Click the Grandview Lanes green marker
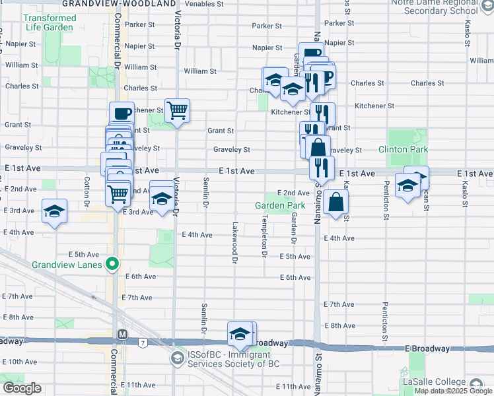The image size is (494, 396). [112, 265]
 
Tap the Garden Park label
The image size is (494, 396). [280, 205]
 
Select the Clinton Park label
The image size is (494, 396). [403, 150]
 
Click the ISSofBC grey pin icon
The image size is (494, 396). [177, 358]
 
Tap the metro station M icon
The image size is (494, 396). [122, 334]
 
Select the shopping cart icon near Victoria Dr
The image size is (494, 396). [177, 111]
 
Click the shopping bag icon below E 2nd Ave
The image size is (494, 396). [336, 202]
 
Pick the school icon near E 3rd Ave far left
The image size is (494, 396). [55, 211]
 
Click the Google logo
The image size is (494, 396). [22, 388]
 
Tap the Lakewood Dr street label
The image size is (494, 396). [234, 242]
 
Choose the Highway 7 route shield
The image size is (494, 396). [143, 342]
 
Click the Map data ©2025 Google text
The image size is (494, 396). [453, 391]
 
